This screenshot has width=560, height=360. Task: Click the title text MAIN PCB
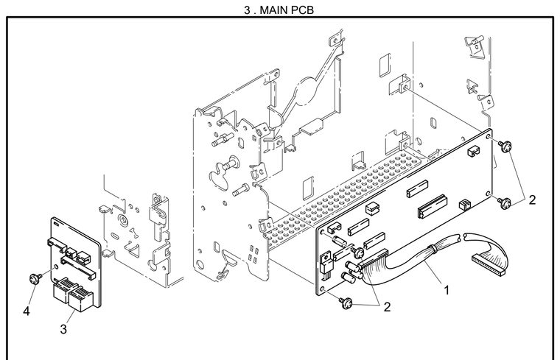click(x=287, y=10)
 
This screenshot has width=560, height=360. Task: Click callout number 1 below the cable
click(x=446, y=290)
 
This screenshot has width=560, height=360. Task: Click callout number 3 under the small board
click(x=63, y=329)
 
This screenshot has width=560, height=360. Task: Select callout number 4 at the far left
click(x=26, y=311)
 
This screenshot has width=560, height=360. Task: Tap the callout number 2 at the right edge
click(x=532, y=200)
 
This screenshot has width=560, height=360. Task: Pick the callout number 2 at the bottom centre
click(x=387, y=307)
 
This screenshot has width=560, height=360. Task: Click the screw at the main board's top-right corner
click(x=505, y=146)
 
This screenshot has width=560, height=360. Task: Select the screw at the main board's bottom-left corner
click(x=346, y=303)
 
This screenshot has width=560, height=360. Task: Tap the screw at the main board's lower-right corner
click(x=504, y=202)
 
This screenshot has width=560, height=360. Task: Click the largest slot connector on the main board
click(x=433, y=206)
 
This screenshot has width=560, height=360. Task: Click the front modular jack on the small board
click(x=81, y=299)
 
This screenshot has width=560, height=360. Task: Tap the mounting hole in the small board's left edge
click(x=55, y=267)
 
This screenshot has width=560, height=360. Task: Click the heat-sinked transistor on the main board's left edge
click(x=326, y=262)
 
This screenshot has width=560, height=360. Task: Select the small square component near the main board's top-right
click(x=473, y=151)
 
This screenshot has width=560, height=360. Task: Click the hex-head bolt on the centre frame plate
click(x=242, y=190)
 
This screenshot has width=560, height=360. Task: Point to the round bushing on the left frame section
click(x=123, y=220)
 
